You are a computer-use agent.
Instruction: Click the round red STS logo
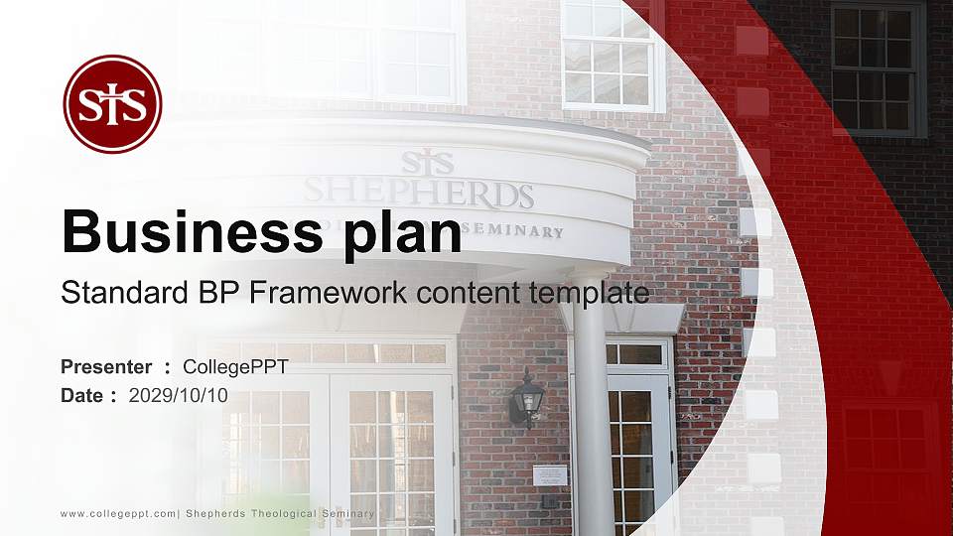tap(112, 104)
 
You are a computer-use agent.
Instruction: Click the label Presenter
tap(106, 367)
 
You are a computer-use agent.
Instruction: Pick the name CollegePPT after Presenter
tap(236, 367)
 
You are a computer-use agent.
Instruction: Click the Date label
tap(82, 395)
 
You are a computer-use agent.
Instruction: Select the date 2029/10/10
tap(179, 395)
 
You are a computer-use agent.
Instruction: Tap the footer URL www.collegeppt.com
tap(118, 513)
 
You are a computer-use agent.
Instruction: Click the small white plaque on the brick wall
tap(550, 475)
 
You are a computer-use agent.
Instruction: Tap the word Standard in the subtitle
tap(109, 293)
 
